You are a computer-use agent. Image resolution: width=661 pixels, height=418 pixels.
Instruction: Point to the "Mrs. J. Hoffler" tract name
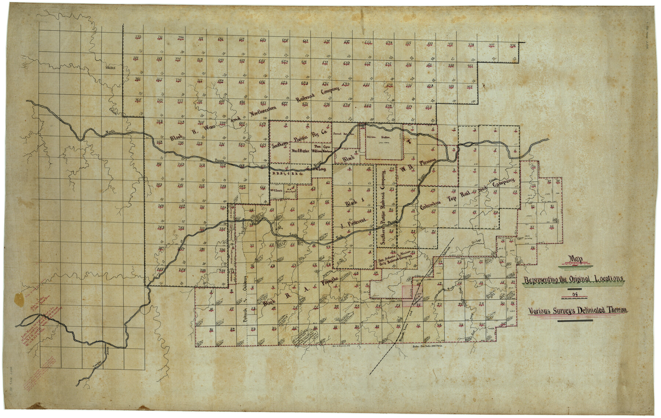coord(300,150)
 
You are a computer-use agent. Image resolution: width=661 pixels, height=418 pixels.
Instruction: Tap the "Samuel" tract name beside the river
coord(337,134)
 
